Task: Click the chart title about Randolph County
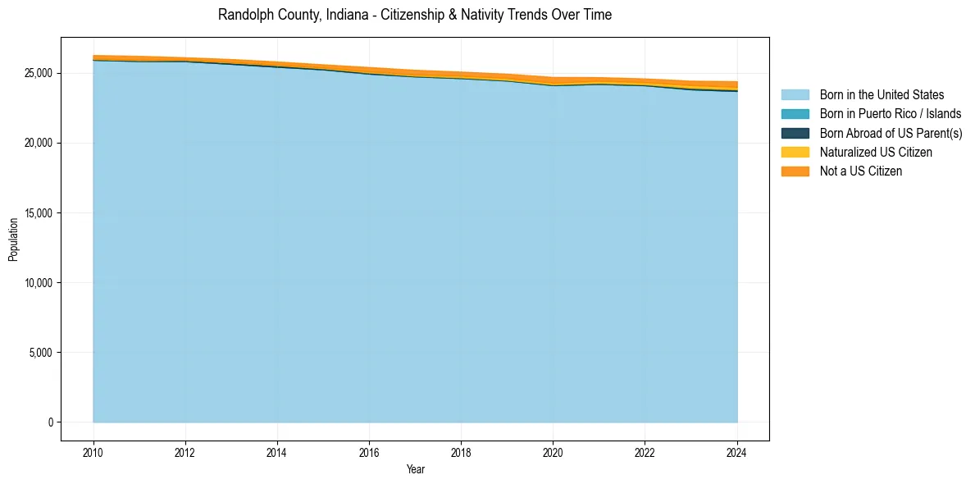415,15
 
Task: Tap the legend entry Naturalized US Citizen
876,152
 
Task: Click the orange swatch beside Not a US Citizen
795,171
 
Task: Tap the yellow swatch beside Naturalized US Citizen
795,152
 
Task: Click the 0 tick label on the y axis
50,422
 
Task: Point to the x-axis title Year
416,469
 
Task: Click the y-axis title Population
13,239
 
